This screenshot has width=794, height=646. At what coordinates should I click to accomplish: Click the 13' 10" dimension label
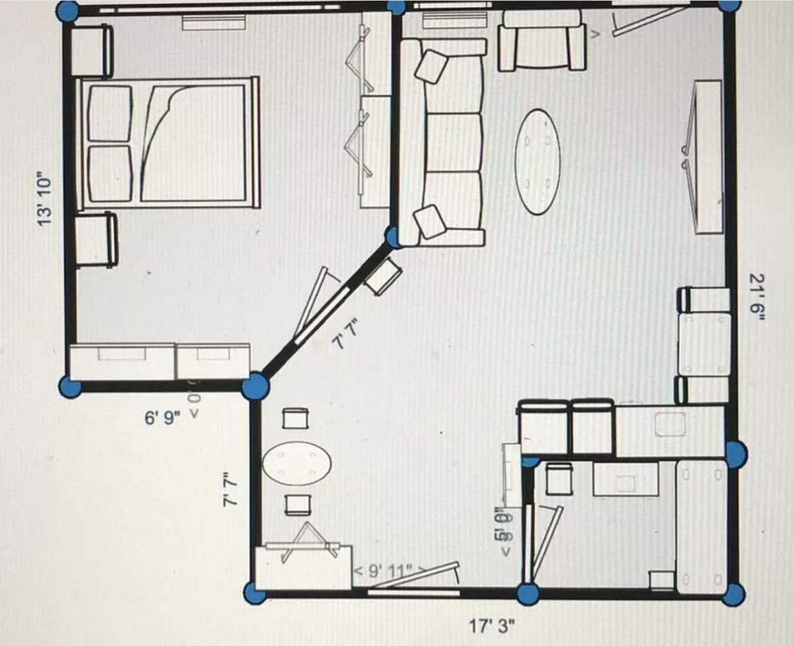pos(44,198)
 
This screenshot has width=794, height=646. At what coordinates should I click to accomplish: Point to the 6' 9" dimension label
pos(162,418)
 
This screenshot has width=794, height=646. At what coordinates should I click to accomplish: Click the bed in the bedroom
pos(167,143)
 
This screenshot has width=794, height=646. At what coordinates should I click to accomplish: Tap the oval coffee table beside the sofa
pos(538,161)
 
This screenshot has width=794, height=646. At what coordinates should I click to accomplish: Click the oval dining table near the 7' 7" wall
pos(297,463)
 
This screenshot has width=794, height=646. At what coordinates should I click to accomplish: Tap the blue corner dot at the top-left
pos(68,11)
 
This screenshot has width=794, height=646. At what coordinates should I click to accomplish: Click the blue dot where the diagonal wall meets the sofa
pos(394,236)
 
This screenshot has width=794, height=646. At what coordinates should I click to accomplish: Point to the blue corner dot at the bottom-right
pos(733,594)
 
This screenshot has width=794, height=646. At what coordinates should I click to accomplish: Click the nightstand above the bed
pos(91,51)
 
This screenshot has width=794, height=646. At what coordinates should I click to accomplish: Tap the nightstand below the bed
pos(96,240)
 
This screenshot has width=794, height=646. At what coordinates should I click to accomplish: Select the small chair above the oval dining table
pos(297,419)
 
